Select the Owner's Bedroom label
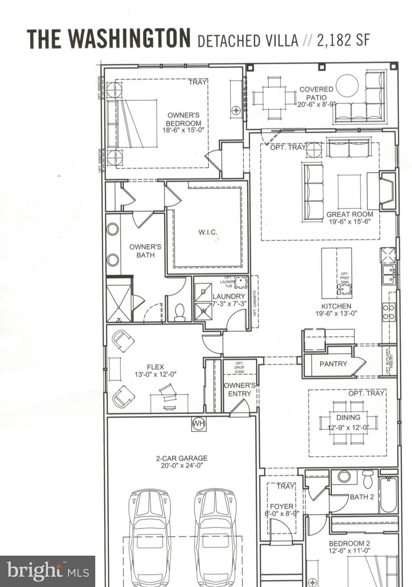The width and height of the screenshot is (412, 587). click(x=184, y=119)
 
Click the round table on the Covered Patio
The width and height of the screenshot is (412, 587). click(x=347, y=85)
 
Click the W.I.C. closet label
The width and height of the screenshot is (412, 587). click(x=208, y=232)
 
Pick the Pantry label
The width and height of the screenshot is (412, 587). click(x=333, y=364)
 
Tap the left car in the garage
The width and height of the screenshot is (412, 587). click(x=149, y=535)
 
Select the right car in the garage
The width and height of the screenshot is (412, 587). click(x=215, y=535)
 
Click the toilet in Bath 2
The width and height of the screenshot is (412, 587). click(x=368, y=479)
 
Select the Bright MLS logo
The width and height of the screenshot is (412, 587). click(x=47, y=571)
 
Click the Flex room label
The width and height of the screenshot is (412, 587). click(x=155, y=367)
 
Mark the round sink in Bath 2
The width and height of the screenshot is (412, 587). click(x=344, y=476)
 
